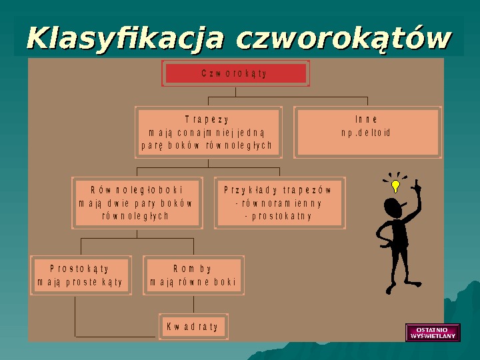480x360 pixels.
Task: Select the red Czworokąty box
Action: (235, 73)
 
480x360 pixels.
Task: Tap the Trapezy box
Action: (208, 132)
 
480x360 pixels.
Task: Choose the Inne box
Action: (367, 132)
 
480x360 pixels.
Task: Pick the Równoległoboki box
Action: (137, 203)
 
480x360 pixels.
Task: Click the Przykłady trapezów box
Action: (279, 203)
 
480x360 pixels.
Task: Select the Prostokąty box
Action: (81, 275)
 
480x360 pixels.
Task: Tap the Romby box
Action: (193, 275)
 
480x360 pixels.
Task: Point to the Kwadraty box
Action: (192, 327)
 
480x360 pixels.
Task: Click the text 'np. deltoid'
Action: (367, 133)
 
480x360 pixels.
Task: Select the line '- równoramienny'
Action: (279, 203)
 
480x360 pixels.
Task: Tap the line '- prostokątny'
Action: (279, 216)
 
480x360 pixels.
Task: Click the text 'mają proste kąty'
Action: (81, 282)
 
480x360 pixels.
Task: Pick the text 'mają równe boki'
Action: (193, 282)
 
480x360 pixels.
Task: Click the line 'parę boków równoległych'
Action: (207, 145)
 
